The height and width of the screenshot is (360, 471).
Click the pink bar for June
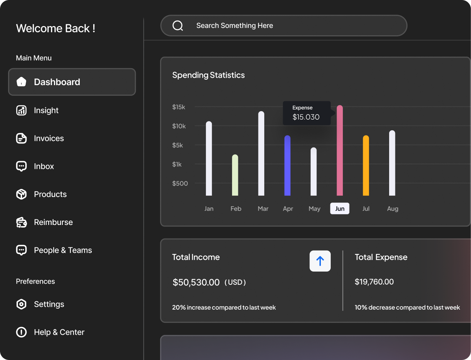[x=340, y=150]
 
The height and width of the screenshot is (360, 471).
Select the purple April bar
[x=287, y=166]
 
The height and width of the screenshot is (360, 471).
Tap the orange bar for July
[x=366, y=166]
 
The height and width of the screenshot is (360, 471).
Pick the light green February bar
[x=235, y=175]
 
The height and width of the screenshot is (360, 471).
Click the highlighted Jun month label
[x=340, y=208]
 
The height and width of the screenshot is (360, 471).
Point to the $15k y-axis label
[x=179, y=107]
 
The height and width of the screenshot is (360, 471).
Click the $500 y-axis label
[x=180, y=183]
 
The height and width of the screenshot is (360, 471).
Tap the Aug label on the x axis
[x=392, y=208]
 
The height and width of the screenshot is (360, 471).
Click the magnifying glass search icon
[x=178, y=26]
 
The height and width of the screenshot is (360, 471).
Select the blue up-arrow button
[x=320, y=261]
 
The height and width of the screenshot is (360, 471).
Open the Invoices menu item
[x=49, y=138]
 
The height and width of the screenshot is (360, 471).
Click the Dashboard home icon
[x=22, y=82]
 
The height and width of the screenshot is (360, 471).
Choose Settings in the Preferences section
[x=49, y=304]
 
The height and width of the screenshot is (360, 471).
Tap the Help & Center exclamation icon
[x=22, y=332]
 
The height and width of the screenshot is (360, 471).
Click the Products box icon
[x=22, y=194]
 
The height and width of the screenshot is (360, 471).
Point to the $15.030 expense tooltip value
[x=306, y=117]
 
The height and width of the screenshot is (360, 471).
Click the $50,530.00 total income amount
[x=196, y=282]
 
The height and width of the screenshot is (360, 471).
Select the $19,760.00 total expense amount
[x=374, y=282]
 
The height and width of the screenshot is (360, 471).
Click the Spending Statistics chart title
[x=208, y=75]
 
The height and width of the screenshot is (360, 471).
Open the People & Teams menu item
[x=63, y=250]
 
